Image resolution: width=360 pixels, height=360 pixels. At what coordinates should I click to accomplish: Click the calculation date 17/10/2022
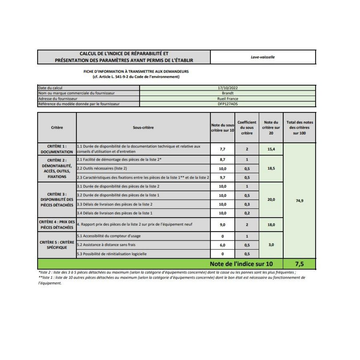point(228,88)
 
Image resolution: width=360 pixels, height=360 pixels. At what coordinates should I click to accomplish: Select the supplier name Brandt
point(228,93)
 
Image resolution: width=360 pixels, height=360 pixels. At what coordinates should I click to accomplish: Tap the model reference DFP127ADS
point(228,104)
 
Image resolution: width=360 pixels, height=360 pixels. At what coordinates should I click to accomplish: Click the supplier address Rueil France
point(228,99)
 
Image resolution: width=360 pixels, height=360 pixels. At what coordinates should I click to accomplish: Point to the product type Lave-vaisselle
point(263,57)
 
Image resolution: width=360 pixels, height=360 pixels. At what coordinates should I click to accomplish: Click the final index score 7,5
point(299,264)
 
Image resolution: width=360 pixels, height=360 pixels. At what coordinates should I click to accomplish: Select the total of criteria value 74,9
point(299,200)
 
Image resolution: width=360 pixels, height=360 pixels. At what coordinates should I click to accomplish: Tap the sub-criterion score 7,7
point(222,149)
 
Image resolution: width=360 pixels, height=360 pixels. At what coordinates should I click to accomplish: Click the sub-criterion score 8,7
point(222,160)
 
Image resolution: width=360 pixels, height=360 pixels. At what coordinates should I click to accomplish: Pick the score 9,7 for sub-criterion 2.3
point(222,178)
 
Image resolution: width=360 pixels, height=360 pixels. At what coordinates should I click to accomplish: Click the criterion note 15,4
point(271,149)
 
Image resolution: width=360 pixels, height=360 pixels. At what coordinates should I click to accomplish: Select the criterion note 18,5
point(271,168)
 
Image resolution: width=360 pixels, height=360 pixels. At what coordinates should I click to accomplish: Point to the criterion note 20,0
point(271,199)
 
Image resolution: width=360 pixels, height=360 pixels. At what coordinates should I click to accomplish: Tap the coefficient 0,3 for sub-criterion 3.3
point(247,204)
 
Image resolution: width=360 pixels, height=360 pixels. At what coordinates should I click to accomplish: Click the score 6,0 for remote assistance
point(222,245)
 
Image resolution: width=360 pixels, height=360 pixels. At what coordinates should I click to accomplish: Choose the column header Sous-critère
point(143,127)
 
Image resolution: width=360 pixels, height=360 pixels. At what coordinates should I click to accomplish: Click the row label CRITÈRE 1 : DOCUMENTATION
point(57,149)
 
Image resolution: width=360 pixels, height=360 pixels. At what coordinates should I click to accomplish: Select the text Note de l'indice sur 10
point(241,264)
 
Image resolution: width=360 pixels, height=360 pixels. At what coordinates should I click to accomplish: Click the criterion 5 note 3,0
point(271,245)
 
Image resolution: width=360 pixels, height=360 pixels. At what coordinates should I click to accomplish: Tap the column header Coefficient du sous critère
point(247,127)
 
